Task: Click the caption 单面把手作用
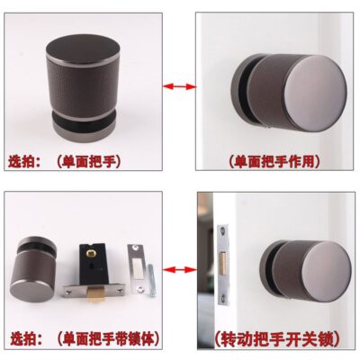coord(274,162)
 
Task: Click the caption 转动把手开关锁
coord(277,339)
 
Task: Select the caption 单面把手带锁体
coord(108,339)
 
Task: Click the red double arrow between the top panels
coord(179,86)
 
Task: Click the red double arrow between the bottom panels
coord(180,269)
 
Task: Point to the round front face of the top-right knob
coord(314,94)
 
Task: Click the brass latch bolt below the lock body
coord(96,293)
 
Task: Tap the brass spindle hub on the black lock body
coord(91,254)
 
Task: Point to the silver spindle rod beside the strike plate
coord(153,280)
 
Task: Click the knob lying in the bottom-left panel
coord(33,270)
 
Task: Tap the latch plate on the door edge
coord(222,265)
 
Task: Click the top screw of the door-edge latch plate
coord(222,231)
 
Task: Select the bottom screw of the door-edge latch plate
coord(223,298)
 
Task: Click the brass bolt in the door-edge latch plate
coord(222,264)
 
